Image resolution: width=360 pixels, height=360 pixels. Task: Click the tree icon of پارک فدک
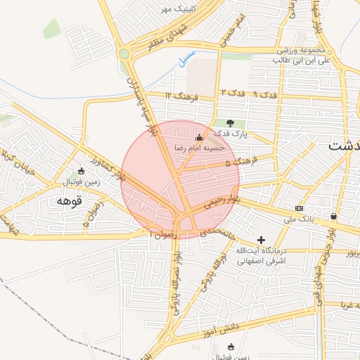pyautogui.click(x=230, y=124)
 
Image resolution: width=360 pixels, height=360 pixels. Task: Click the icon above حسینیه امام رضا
pyautogui.click(x=199, y=137)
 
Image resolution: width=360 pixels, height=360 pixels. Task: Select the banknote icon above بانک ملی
pyautogui.click(x=300, y=209)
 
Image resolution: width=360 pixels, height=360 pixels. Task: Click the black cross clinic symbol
pyautogui.click(x=262, y=240)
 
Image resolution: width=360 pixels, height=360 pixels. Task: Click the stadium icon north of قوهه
pyautogui.click(x=82, y=171)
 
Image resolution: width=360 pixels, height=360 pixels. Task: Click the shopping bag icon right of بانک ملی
pyautogui.click(x=333, y=216)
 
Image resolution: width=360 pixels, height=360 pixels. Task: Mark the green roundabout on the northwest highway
pyautogui.click(x=124, y=53)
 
